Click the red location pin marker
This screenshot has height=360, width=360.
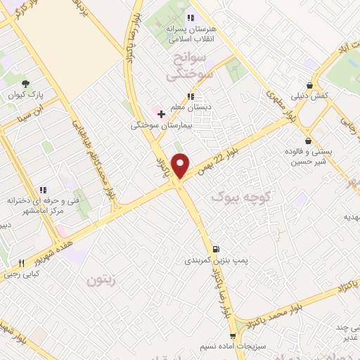pyautogui.click(x=181, y=165)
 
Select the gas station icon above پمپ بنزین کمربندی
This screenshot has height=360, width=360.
pyautogui.click(x=215, y=248)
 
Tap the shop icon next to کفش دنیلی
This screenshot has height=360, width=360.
pyautogui.click(x=309, y=86)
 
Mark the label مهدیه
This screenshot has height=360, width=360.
pyautogui.click(x=349, y=219)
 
